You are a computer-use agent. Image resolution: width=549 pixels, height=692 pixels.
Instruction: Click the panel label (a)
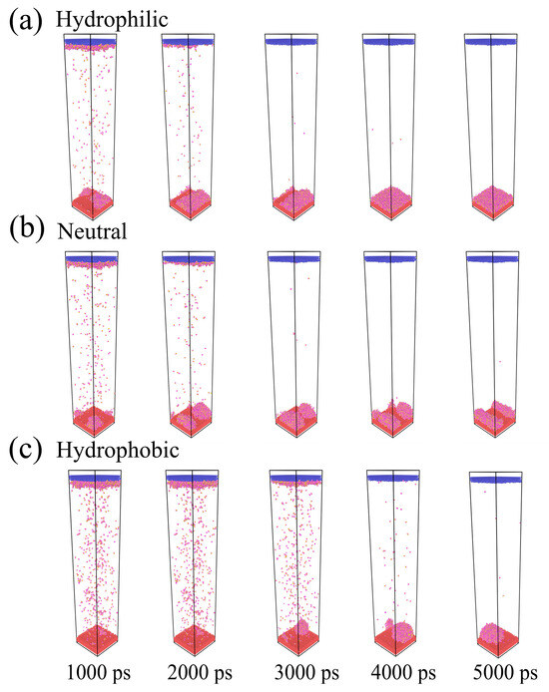[x=26, y=20]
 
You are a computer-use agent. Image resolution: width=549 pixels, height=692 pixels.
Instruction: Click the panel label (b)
[x=27, y=229]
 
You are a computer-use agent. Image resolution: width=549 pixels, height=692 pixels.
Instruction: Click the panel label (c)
[x=26, y=450]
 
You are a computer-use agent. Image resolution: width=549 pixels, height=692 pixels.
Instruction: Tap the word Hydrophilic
[x=112, y=20]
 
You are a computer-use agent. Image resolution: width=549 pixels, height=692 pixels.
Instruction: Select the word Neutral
[x=92, y=231]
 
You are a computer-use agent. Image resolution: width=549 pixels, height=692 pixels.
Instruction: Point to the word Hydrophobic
[x=118, y=451]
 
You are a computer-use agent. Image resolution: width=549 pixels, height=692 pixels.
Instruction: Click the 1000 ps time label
[x=99, y=673]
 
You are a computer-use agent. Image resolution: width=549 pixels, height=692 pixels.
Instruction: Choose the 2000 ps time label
[x=200, y=673]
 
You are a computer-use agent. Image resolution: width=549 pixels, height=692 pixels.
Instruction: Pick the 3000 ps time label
[x=306, y=673]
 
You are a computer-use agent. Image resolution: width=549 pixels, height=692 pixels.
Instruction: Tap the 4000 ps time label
[x=403, y=673]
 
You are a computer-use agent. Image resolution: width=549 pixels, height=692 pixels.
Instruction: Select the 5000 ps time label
[x=505, y=673]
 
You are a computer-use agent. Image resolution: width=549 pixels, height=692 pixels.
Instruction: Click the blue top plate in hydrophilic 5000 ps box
[x=491, y=42]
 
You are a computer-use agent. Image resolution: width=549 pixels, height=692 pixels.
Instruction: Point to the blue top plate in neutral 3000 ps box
[x=294, y=259]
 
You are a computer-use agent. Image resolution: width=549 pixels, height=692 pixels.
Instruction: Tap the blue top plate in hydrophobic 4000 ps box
[x=393, y=478]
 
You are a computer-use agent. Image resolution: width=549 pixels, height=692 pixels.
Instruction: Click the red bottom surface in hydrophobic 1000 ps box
[x=97, y=639]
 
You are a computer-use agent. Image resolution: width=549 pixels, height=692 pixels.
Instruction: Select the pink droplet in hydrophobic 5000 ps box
[x=494, y=632]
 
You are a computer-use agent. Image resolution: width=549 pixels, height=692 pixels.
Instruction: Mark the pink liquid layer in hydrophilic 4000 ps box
[x=391, y=196]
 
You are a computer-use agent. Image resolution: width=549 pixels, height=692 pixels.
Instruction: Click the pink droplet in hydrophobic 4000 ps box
[x=399, y=631]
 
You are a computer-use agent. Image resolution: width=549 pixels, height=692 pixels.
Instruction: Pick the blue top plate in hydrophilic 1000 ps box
[x=90, y=42]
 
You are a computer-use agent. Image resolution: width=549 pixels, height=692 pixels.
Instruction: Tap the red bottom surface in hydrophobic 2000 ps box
[x=195, y=639]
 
